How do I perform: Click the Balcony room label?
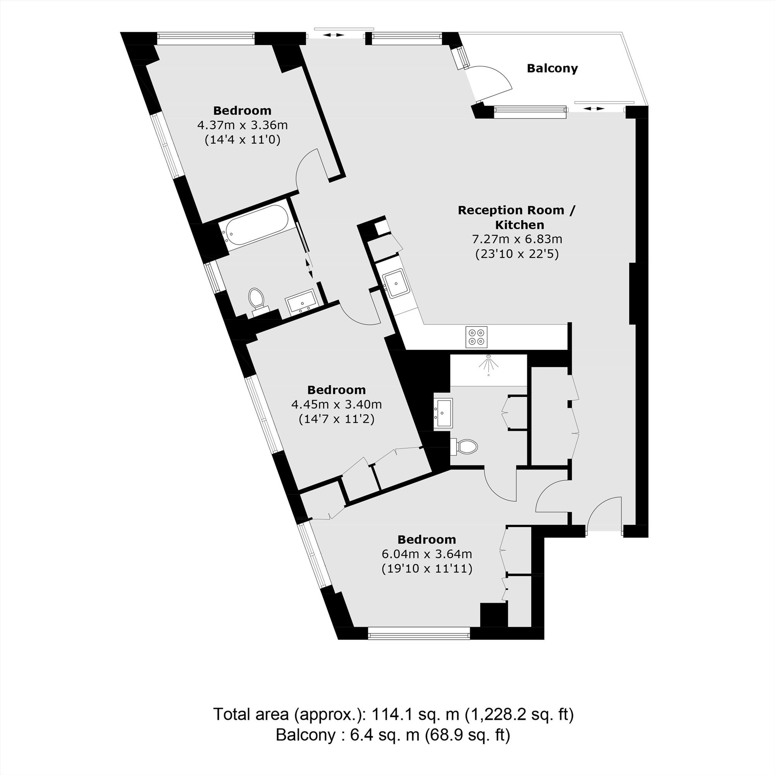[552, 69]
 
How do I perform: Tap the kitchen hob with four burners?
[477, 337]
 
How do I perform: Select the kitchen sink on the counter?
[395, 284]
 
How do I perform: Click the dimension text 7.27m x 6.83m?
[517, 239]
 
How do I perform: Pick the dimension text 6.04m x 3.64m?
[427, 554]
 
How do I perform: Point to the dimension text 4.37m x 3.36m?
[242, 125]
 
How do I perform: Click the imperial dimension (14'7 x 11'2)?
[337, 419]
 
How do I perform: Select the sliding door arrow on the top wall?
[334, 35]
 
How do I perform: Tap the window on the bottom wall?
[419, 633]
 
